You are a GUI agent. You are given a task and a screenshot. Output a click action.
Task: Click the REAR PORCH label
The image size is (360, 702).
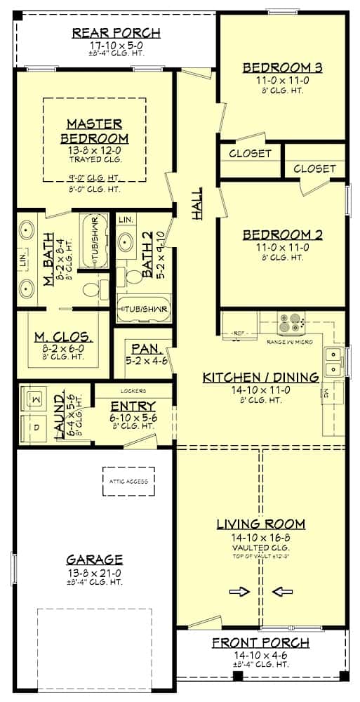pos(116,33)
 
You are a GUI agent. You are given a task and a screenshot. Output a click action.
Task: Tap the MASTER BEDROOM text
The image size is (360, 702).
pos(94,131)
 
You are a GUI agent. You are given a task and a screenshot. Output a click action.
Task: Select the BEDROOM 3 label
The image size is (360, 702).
pos(282,67)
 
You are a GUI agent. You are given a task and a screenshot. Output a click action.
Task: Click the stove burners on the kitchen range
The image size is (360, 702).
pos(291,324)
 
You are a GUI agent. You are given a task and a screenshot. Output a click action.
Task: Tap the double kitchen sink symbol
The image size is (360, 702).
pos(334,359)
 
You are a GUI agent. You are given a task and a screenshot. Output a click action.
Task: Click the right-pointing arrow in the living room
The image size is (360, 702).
pos(240,592)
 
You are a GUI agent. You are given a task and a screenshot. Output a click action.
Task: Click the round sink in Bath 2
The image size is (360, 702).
pos(128,244)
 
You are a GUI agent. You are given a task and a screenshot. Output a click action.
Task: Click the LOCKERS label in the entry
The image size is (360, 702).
pos(133,390)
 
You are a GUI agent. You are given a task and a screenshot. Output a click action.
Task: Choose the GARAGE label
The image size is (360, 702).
pos(95,559)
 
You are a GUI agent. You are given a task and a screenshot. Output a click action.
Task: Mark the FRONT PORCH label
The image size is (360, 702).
pos(260,643)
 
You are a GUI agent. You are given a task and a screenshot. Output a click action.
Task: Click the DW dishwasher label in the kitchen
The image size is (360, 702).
pos(324,395)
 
